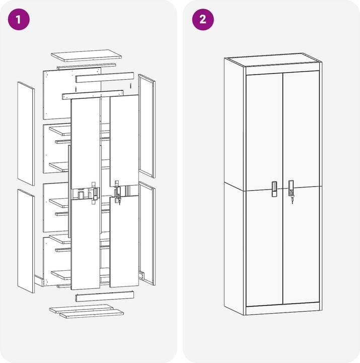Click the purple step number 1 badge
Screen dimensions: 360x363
tap(19, 20)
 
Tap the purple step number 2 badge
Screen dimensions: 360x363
tap(203, 20)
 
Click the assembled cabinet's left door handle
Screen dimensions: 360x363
tap(274, 189)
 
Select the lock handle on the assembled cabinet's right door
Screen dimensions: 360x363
tap(291, 188)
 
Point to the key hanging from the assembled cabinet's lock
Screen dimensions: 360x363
tap(292, 200)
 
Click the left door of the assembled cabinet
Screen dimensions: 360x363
tap(264, 190)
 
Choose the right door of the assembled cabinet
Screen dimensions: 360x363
tap(301, 187)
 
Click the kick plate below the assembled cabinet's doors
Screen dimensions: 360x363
tap(283, 309)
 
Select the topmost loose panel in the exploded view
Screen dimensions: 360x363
tap(87, 55)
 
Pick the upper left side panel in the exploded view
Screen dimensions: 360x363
tap(26, 133)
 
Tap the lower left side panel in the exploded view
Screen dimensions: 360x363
tap(26, 241)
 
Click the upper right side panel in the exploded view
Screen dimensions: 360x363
tap(147, 126)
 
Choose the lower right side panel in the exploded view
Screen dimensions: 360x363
tap(147, 233)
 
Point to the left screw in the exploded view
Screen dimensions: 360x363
tap(76, 89)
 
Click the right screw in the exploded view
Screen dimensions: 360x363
tap(130, 86)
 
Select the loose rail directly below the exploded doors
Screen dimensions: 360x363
tap(105, 296)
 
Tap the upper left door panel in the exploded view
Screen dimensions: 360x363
tap(86, 144)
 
